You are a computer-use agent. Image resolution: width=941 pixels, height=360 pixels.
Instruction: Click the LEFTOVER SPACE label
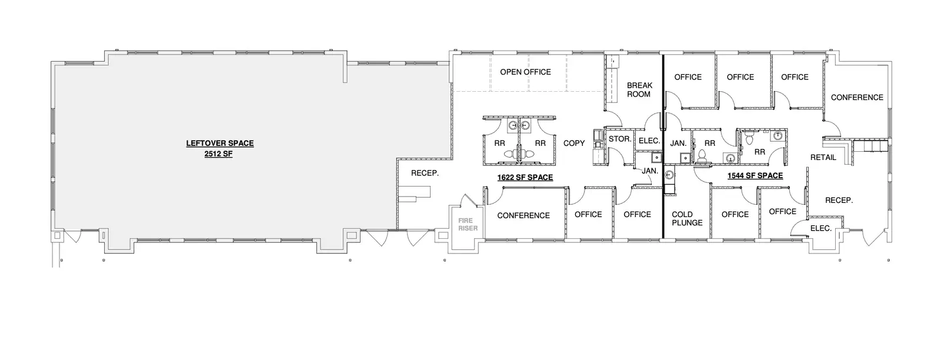click(220, 144)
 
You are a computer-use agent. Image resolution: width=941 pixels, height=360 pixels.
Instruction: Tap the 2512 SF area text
click(218, 154)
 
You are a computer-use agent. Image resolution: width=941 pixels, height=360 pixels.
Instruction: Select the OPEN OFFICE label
click(526, 72)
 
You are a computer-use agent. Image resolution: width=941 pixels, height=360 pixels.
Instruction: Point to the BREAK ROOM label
click(639, 89)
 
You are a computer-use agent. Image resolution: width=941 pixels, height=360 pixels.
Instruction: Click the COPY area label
click(574, 144)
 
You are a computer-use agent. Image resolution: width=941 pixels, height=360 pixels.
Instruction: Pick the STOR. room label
click(620, 139)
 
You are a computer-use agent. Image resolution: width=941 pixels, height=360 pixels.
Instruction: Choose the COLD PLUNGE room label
click(687, 218)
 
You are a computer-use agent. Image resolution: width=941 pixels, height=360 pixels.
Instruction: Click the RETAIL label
click(823, 158)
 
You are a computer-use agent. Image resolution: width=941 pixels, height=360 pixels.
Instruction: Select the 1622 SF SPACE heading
click(525, 178)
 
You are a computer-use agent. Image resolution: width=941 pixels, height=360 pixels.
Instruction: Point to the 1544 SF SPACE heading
click(755, 176)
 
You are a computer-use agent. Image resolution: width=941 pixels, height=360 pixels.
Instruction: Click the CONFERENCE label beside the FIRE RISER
click(523, 215)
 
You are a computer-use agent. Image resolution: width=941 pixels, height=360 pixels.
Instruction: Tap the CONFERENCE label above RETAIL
click(857, 98)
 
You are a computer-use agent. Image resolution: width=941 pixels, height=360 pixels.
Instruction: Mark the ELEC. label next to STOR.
click(649, 141)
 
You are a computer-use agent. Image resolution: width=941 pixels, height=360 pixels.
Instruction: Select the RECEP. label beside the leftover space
click(425, 173)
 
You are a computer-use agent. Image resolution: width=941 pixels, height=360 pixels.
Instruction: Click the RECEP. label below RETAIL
click(839, 201)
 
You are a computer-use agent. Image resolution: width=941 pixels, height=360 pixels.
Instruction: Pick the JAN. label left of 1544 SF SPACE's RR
click(678, 144)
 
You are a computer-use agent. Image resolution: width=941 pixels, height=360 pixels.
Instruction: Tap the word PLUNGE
click(687, 222)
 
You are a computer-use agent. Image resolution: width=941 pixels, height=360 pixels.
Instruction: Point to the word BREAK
click(640, 85)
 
